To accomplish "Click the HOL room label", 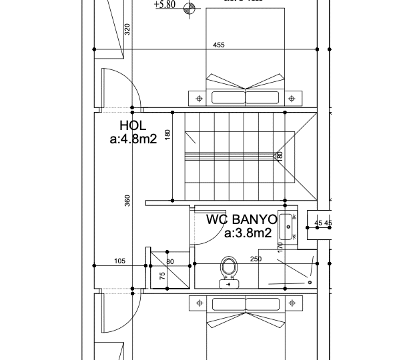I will click(x=133, y=125).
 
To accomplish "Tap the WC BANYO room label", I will click(x=241, y=219).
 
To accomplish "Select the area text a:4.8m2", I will click(x=133, y=140).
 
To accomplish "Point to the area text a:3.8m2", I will click(x=248, y=233).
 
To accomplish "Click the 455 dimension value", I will click(x=219, y=45).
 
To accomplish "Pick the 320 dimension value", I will click(x=127, y=29).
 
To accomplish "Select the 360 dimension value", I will click(x=127, y=200).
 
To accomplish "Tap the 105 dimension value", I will click(x=120, y=261).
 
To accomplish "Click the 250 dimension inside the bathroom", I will click(x=256, y=259).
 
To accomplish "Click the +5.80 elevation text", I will click(x=164, y=5).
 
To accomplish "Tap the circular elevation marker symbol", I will click(x=190, y=9).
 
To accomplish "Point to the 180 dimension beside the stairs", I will click(x=168, y=135).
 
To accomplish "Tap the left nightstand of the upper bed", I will click(x=198, y=99).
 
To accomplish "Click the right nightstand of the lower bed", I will click(x=292, y=303).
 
